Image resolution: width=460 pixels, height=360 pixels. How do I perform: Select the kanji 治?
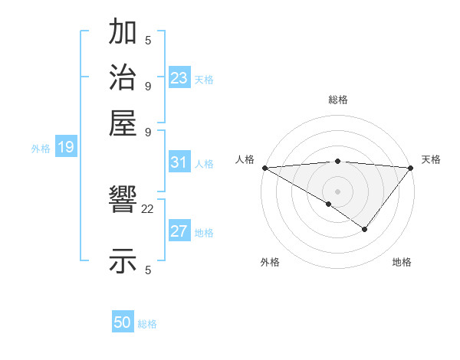(x=123, y=77)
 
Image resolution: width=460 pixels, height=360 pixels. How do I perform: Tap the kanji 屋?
(x=123, y=121)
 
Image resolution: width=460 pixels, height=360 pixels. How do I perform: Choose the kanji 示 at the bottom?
(x=123, y=260)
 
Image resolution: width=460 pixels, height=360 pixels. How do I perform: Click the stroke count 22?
(x=148, y=208)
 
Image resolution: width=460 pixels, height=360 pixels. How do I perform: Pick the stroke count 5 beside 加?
(x=148, y=41)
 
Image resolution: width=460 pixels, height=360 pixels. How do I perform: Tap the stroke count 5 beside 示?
(x=148, y=269)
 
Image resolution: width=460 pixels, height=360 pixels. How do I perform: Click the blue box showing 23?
(x=179, y=78)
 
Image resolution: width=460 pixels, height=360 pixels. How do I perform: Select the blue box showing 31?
(x=179, y=162)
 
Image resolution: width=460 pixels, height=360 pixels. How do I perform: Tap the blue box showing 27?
(x=179, y=232)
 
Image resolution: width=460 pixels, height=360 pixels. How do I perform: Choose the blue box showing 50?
(x=123, y=323)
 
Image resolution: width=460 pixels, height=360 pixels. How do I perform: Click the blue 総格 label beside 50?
(x=147, y=324)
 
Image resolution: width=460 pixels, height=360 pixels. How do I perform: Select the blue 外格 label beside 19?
(x=41, y=149)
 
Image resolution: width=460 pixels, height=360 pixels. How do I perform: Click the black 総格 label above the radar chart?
(x=338, y=100)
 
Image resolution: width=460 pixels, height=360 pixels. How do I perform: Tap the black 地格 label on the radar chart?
(x=402, y=263)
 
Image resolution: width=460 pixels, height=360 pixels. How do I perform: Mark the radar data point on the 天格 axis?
(x=411, y=168)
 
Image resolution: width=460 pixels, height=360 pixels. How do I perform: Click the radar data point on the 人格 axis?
(x=264, y=168)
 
